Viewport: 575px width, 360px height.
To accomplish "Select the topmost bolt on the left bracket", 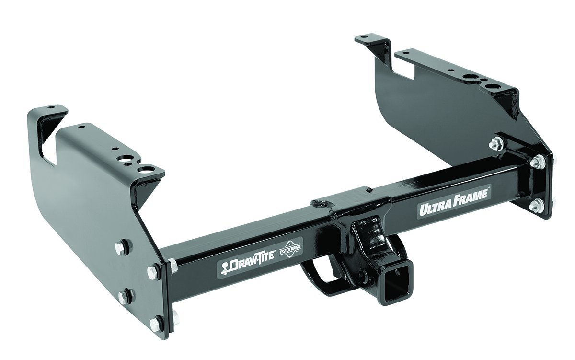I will click(120, 247).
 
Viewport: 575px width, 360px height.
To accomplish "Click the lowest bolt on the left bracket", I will click(156, 324).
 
